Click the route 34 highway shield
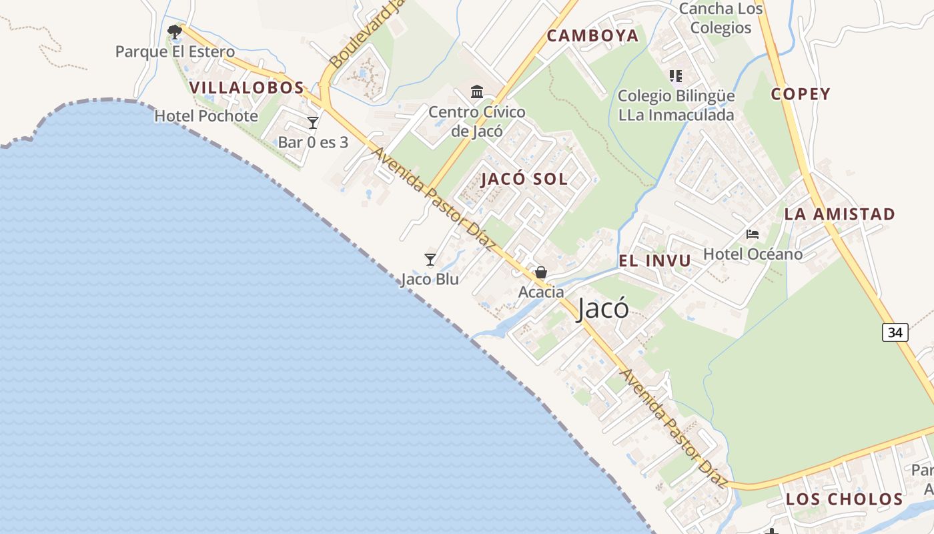(x=895, y=332)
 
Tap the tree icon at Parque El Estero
(x=175, y=31)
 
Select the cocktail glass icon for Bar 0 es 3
(x=312, y=123)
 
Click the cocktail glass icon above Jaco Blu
(x=430, y=260)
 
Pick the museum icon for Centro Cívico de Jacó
(x=477, y=91)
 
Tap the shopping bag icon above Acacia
(x=541, y=272)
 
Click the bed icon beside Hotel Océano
(x=753, y=234)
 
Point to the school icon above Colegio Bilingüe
(x=676, y=76)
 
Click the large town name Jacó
(x=602, y=308)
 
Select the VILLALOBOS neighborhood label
(x=247, y=87)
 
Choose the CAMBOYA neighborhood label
(x=593, y=36)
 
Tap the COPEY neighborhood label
(x=801, y=94)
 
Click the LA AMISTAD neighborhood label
(x=839, y=214)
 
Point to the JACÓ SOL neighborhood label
(x=524, y=179)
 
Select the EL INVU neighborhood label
(x=655, y=261)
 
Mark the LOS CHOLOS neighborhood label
(x=844, y=499)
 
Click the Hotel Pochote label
(x=206, y=116)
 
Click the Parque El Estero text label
(x=175, y=51)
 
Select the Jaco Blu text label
(x=430, y=279)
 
